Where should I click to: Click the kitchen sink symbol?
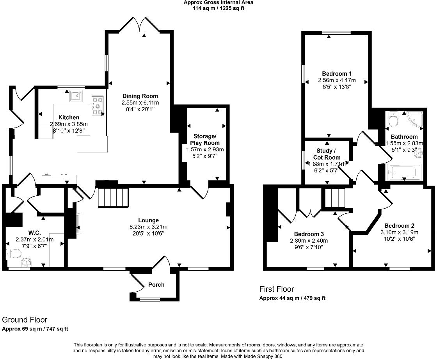(x=76, y=96)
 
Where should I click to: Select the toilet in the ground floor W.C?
(x=14, y=254)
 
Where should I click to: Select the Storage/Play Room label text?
(x=205, y=140)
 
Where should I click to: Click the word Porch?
(x=156, y=285)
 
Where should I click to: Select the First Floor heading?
(x=276, y=289)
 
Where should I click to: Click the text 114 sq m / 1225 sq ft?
(x=218, y=9)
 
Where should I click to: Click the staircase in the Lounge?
(x=113, y=194)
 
